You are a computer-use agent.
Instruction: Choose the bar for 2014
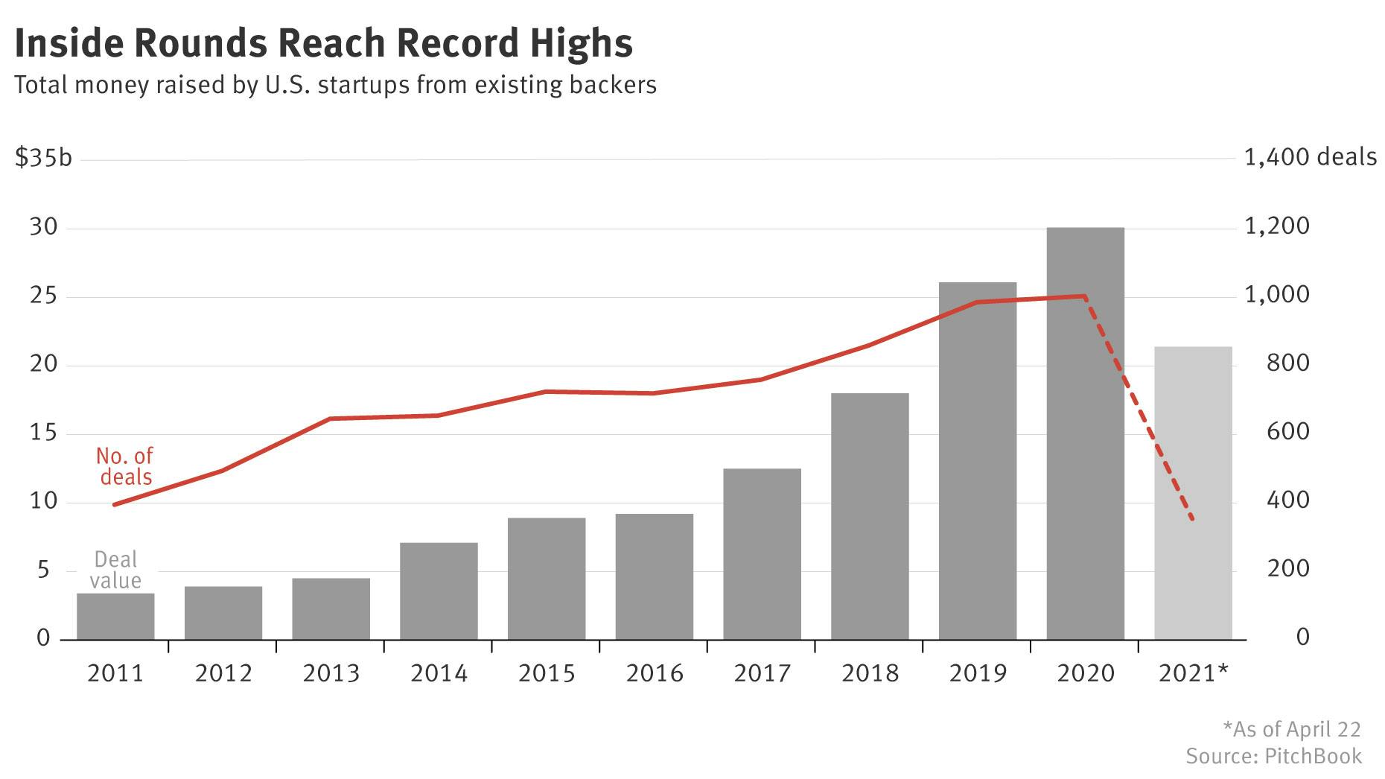pyautogui.click(x=439, y=591)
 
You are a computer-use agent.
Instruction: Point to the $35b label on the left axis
pyautogui.click(x=43, y=159)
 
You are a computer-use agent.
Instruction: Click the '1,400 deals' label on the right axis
pyautogui.click(x=1311, y=157)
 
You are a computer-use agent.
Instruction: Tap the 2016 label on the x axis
pyautogui.click(x=655, y=673)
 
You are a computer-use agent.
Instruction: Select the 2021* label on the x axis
pyautogui.click(x=1194, y=673)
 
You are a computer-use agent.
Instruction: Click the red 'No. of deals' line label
pyautogui.click(x=125, y=467)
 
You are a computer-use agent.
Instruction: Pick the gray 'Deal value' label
pyautogui.click(x=115, y=570)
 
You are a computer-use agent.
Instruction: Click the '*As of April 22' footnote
pyautogui.click(x=1292, y=729)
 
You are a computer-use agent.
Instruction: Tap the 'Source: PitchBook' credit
pyautogui.click(x=1274, y=757)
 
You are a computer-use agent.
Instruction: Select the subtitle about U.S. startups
pyautogui.click(x=335, y=85)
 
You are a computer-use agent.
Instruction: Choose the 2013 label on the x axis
pyautogui.click(x=331, y=673)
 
